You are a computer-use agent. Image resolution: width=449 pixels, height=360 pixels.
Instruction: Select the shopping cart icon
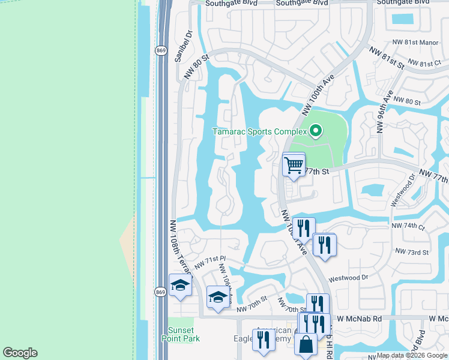[294, 164]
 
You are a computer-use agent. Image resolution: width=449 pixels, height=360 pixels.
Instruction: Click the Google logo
[20, 353]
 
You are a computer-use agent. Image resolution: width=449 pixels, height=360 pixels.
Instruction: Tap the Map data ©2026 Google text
[412, 355]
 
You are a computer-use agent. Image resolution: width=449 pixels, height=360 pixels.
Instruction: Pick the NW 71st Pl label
[205, 262]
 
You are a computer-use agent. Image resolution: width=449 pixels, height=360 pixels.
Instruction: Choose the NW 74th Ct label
[408, 227]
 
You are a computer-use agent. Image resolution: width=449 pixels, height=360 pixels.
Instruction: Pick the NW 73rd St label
[412, 253]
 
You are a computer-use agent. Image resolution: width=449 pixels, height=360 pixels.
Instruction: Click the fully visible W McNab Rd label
[360, 319]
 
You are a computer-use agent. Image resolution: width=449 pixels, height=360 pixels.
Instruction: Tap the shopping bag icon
[306, 345]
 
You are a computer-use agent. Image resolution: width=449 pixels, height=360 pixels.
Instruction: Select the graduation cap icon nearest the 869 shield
[179, 286]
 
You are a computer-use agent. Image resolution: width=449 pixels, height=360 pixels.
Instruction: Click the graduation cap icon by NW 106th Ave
[217, 297]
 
